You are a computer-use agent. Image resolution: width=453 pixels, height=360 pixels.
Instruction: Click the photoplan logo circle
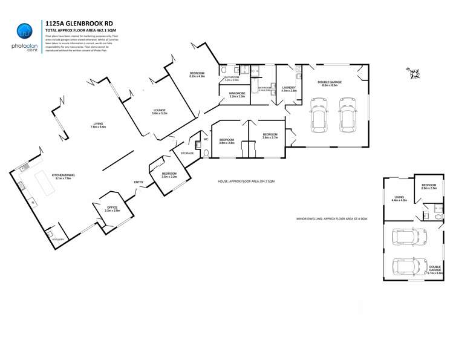tap(24, 30)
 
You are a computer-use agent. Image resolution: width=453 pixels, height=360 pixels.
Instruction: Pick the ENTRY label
tap(139, 182)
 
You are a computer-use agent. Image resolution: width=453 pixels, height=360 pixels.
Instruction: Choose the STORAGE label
tap(187, 153)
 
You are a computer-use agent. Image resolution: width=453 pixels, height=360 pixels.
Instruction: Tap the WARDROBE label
tap(237, 94)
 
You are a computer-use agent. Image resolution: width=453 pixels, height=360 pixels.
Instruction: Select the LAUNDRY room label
tap(288, 88)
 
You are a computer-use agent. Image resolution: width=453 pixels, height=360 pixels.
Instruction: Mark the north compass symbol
tap(415, 73)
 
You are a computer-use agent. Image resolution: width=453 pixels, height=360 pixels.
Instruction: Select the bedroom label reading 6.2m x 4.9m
tap(197, 75)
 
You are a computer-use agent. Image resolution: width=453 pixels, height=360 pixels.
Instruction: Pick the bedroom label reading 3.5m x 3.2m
tap(169, 175)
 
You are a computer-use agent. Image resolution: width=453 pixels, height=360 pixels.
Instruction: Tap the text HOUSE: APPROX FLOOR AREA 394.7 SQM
tap(246, 181)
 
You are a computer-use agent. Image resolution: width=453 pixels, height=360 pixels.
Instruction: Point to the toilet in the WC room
tap(206, 153)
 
